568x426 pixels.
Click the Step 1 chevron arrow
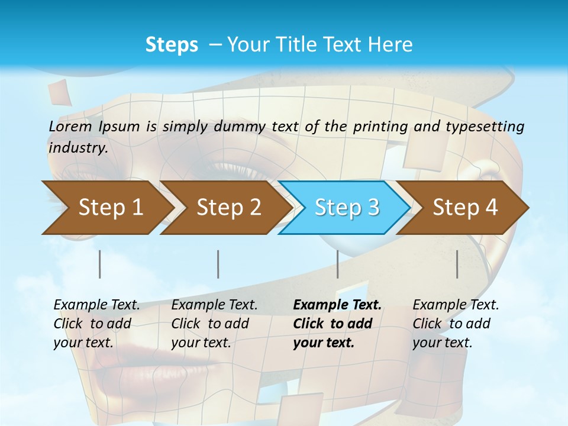pyautogui.click(x=106, y=208)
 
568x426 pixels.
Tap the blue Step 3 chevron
pyautogui.click(x=345, y=208)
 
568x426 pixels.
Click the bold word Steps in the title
pyautogui.click(x=172, y=44)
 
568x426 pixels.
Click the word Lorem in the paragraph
pyautogui.click(x=70, y=126)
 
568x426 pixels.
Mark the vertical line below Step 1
pyautogui.click(x=100, y=264)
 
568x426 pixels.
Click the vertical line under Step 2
pyautogui.click(x=218, y=264)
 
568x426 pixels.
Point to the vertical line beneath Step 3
pyautogui.click(x=338, y=264)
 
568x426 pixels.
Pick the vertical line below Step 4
pyautogui.click(x=457, y=264)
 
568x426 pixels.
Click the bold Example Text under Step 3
pyautogui.click(x=337, y=305)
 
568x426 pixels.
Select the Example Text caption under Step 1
pyautogui.click(x=97, y=305)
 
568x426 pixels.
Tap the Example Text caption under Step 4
pyautogui.click(x=456, y=305)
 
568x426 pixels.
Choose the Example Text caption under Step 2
pyautogui.click(x=215, y=305)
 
